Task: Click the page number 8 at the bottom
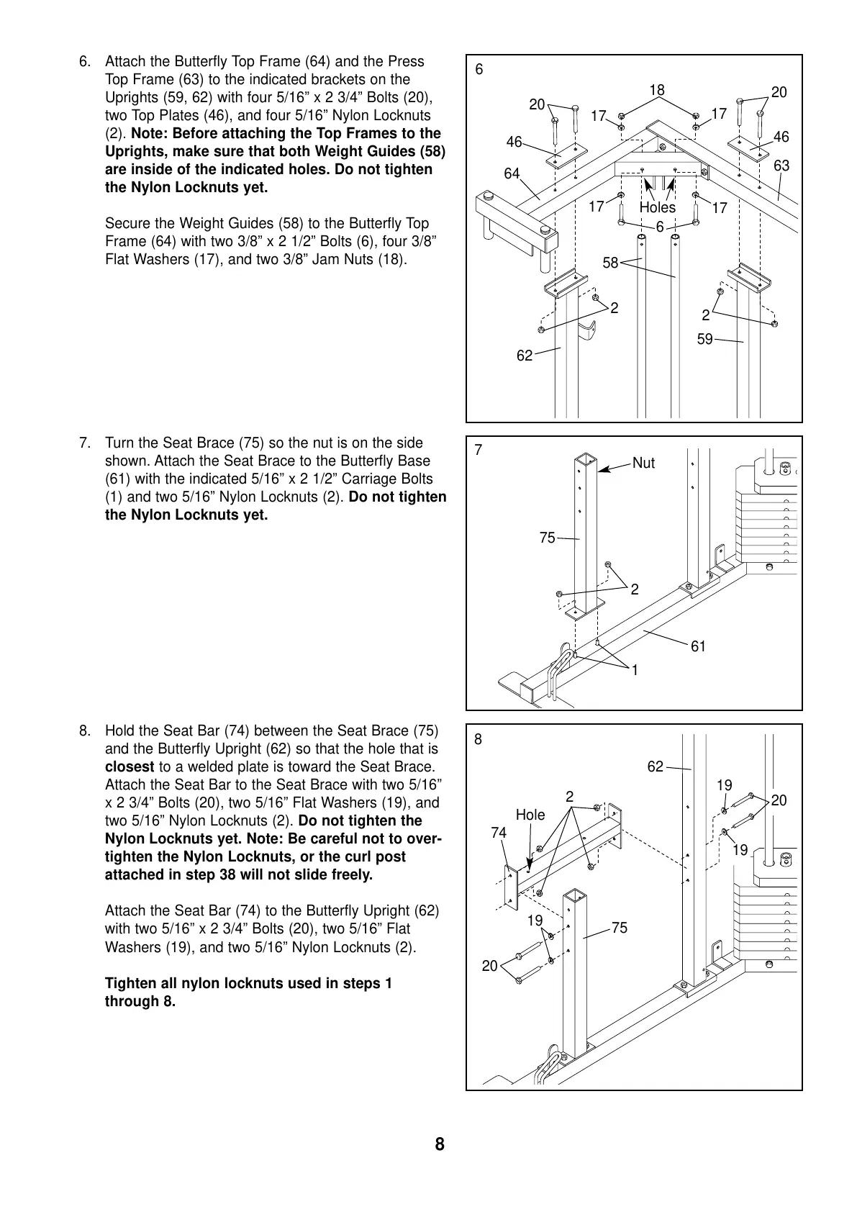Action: tap(440, 1144)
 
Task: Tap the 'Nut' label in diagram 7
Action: tap(643, 463)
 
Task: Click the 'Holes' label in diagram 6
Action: tap(657, 207)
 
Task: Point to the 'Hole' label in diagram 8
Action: tap(530, 815)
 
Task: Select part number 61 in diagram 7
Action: tap(698, 646)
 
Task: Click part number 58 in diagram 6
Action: tap(610, 263)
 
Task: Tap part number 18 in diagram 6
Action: tap(657, 90)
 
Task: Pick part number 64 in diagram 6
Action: tap(512, 173)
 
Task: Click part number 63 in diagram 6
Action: tap(781, 166)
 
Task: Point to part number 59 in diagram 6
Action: tap(705, 338)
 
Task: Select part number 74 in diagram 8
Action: tap(499, 833)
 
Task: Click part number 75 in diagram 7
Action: tap(548, 538)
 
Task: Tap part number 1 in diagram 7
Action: tap(635, 670)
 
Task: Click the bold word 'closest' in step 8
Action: tap(130, 767)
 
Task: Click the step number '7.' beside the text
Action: tap(85, 443)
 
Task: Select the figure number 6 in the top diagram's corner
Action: tap(479, 70)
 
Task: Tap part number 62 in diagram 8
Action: tap(655, 766)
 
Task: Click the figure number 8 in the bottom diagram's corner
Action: tap(479, 739)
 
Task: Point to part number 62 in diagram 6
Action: tap(525, 355)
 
